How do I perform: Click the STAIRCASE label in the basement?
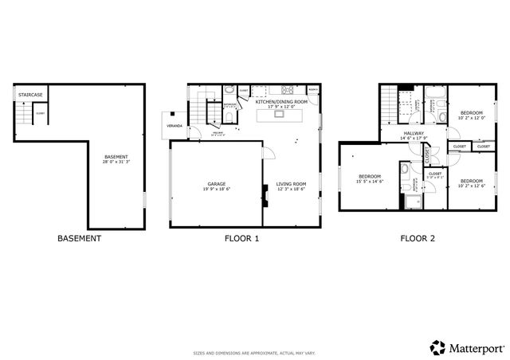tap(29, 96)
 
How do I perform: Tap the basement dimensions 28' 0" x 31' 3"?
tap(116, 162)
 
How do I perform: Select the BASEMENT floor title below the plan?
tap(79, 237)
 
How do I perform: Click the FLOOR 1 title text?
tap(241, 237)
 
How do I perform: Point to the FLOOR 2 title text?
tap(417, 237)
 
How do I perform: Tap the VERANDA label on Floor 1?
tap(174, 126)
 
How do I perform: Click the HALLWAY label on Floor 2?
tap(414, 133)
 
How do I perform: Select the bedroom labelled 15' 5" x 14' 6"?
tap(370, 178)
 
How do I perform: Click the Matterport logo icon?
tap(437, 347)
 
